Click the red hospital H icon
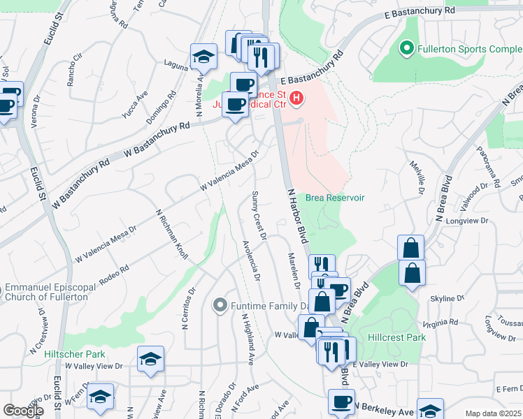pyautogui.click(x=296, y=98)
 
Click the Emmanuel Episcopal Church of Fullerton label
pyautogui.click(x=45, y=292)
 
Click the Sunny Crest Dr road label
pyautogui.click(x=259, y=216)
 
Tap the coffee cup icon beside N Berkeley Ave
pyautogui.click(x=342, y=402)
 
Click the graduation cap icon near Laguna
pyautogui.click(x=203, y=58)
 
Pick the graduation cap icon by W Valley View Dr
pyautogui.click(x=150, y=359)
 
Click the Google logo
pyautogui.click(x=23, y=411)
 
